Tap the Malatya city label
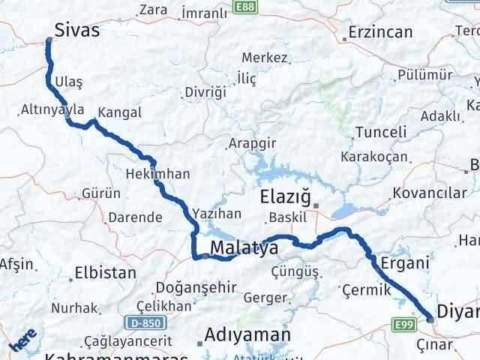tap(244, 248)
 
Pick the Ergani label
tap(404, 262)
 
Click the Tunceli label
tap(380, 132)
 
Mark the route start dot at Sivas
tap(49, 42)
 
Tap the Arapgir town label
tap(253, 142)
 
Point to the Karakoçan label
tap(373, 157)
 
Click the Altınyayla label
tap(52, 109)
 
